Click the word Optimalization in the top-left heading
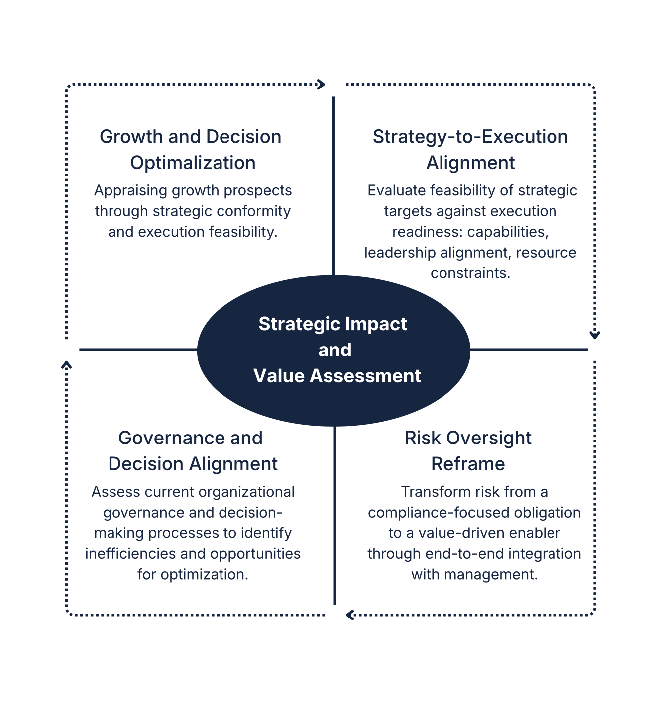(x=193, y=163)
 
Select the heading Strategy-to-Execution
(x=470, y=137)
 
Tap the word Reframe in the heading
(x=468, y=464)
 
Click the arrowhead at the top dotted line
(x=322, y=84)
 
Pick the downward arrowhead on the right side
(x=594, y=335)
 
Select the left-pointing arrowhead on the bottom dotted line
(x=350, y=615)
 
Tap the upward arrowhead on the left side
(x=66, y=365)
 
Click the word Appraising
(x=131, y=191)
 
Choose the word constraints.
(x=470, y=273)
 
